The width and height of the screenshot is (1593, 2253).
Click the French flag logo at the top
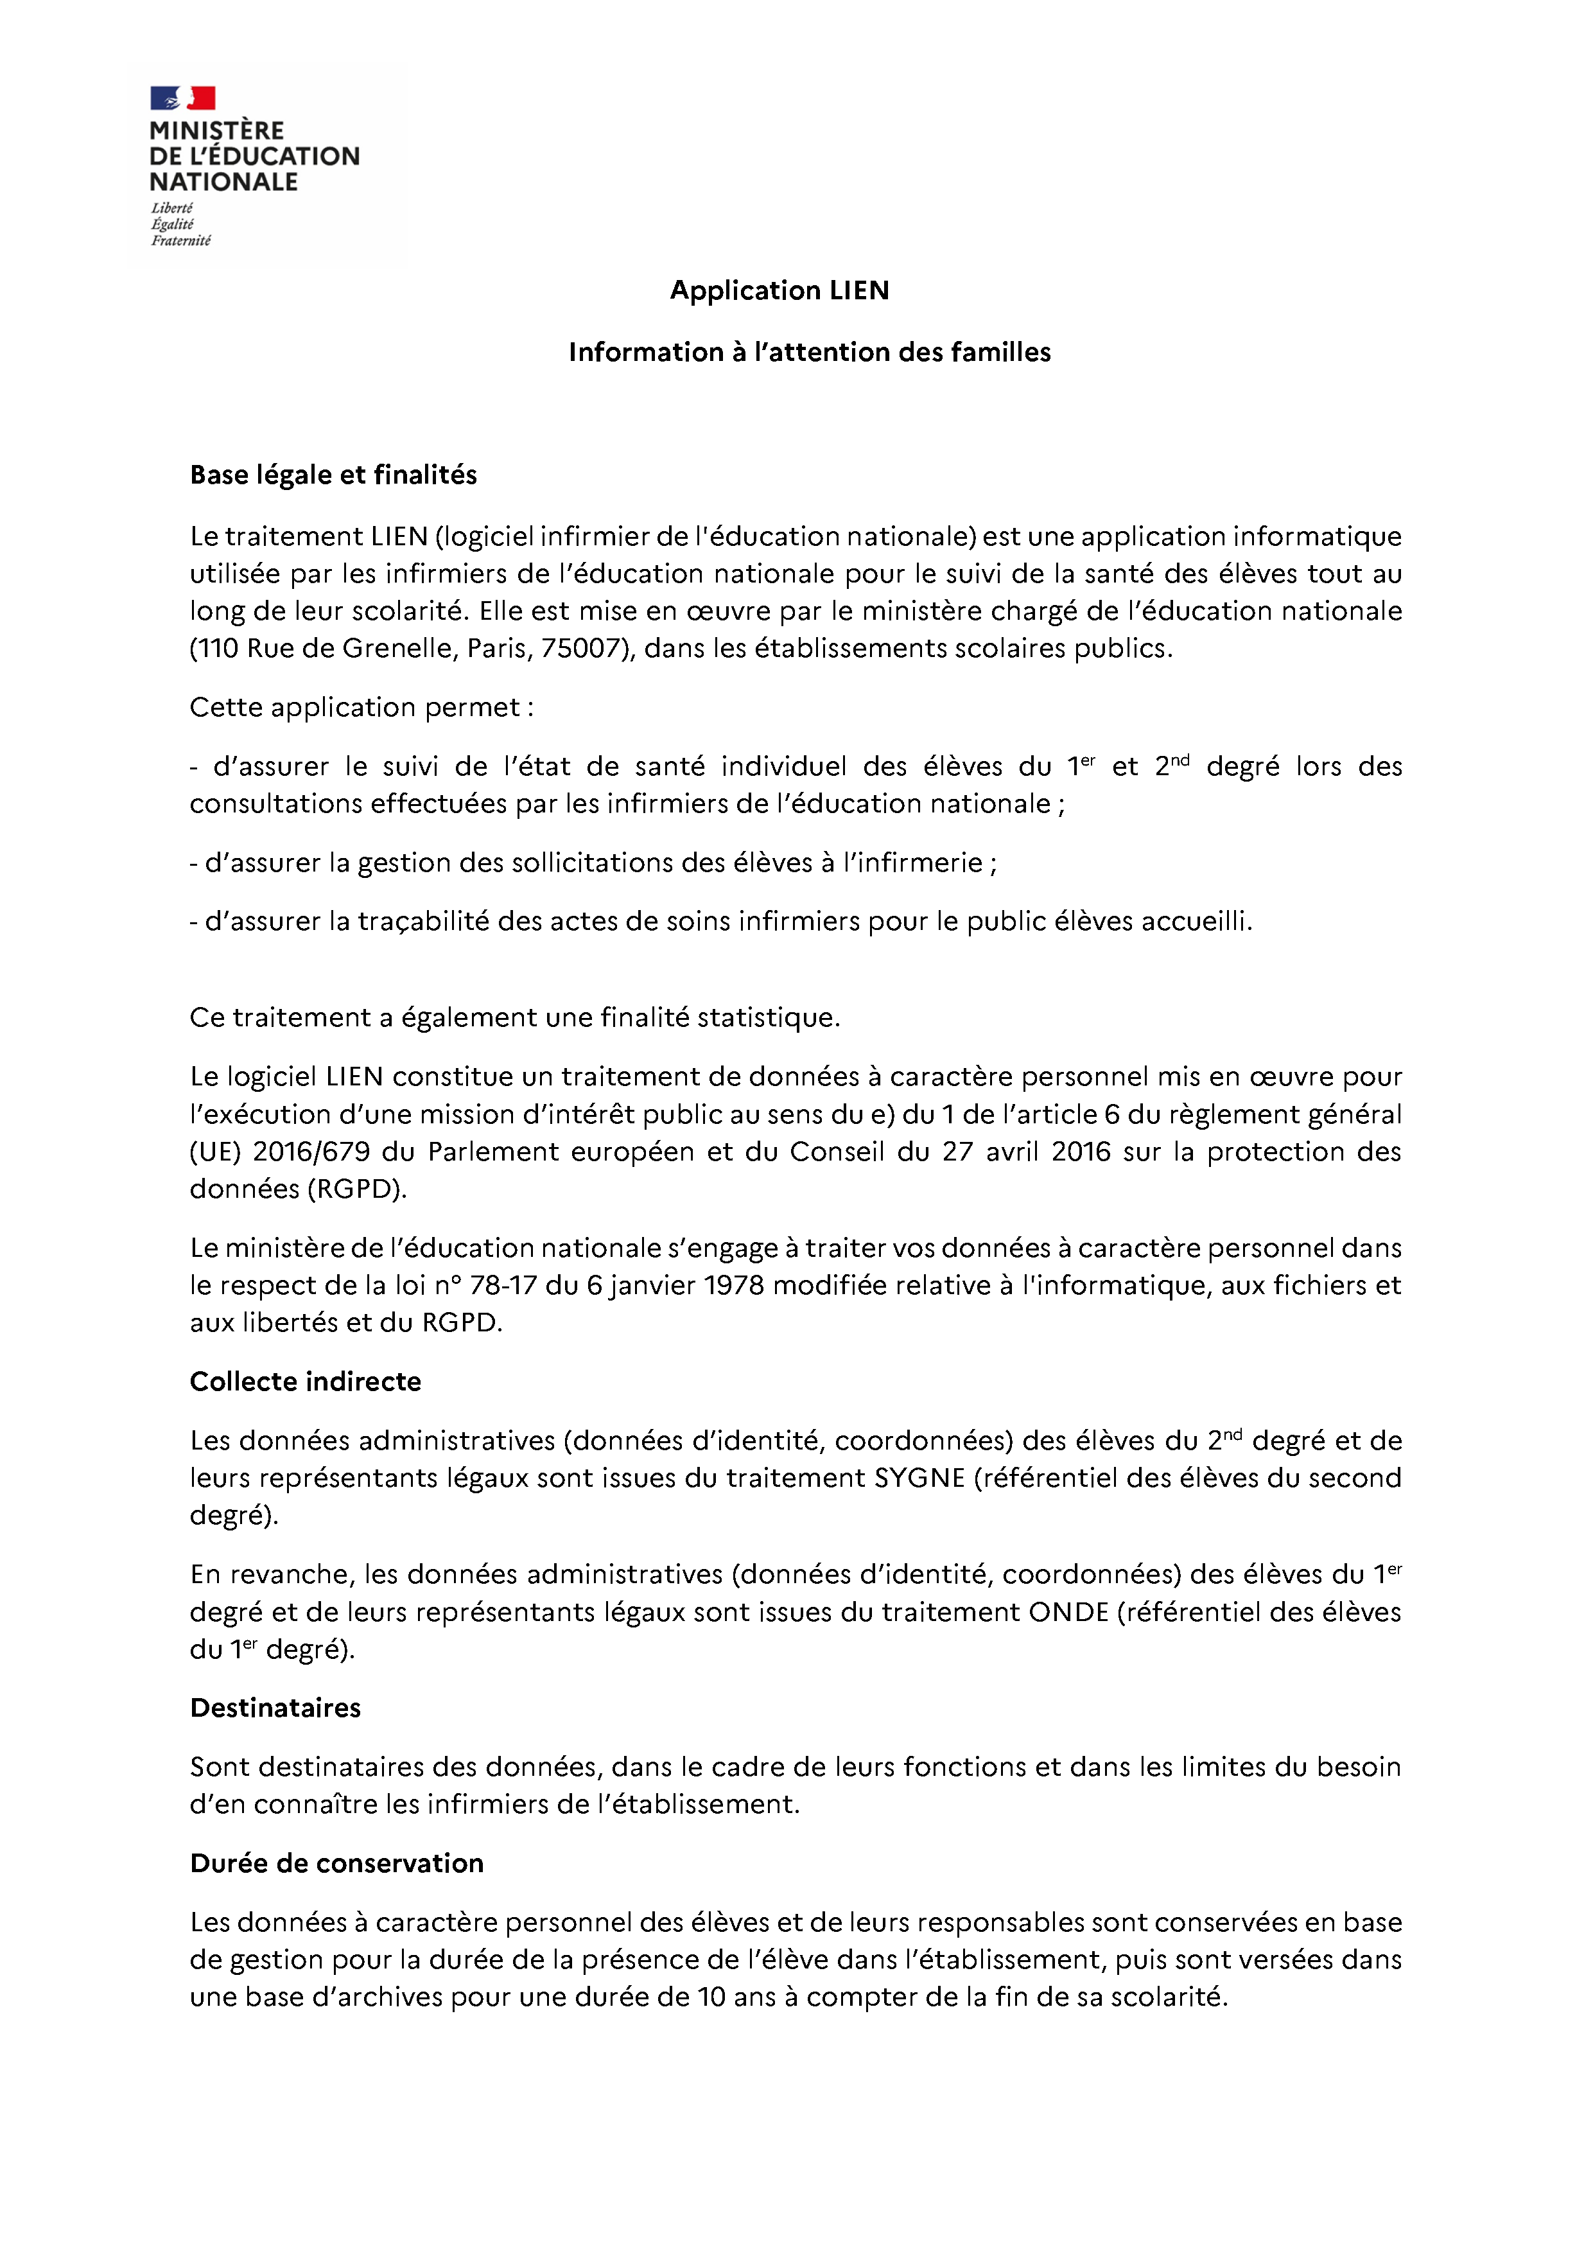(182, 98)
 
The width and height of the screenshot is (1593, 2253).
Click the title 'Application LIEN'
(780, 290)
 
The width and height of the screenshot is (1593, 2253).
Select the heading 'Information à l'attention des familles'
(809, 353)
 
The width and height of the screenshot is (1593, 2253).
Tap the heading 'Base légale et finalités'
(333, 475)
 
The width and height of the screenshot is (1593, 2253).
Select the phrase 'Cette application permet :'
(362, 708)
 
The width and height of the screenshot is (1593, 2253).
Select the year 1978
(734, 1286)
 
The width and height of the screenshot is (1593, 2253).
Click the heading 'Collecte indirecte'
(305, 1381)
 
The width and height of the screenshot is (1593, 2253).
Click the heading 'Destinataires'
(275, 1708)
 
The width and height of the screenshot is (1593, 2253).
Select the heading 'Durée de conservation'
(336, 1863)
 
